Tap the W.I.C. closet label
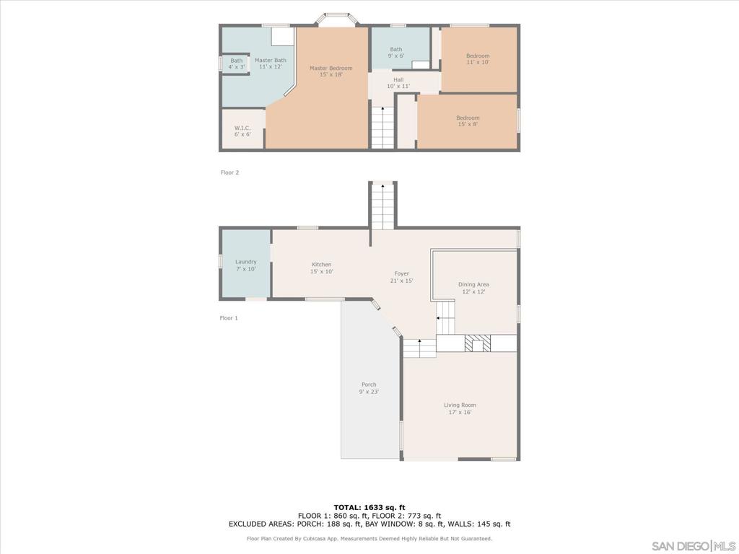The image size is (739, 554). [x=242, y=131]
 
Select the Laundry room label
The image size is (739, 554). [x=245, y=265]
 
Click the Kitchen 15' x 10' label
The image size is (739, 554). [x=321, y=268]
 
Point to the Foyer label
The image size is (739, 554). [x=402, y=277]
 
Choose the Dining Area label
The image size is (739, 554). [x=473, y=288]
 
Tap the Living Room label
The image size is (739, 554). [x=460, y=408]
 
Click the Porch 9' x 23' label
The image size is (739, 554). [x=369, y=388]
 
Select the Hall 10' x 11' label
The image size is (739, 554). [x=398, y=83]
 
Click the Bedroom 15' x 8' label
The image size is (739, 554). [x=468, y=120]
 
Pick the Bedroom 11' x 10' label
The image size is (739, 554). [x=478, y=59]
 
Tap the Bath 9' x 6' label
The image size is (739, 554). [x=396, y=52]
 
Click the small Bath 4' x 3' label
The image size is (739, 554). [x=237, y=63]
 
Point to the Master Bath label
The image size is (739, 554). [x=270, y=63]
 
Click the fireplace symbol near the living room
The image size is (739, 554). [x=477, y=343]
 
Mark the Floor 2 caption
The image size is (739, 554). [x=229, y=172]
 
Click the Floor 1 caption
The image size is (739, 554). [x=229, y=317]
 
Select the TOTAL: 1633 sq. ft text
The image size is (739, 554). [x=369, y=507]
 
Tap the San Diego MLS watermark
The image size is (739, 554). [x=693, y=545]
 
